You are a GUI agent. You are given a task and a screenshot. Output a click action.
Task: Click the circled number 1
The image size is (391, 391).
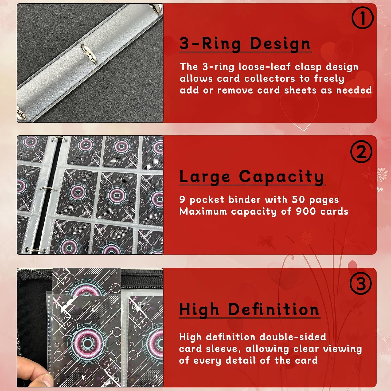click(362, 18)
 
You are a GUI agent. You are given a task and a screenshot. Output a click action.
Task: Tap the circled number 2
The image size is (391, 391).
click(361, 152)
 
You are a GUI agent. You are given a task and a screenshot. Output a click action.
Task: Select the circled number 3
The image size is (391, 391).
click(361, 283)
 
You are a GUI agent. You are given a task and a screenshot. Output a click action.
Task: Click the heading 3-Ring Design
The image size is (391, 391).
click(245, 44)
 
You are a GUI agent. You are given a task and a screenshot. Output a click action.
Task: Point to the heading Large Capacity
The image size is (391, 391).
click(252, 177)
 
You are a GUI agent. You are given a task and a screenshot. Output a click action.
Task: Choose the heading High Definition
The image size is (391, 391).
click(249, 309)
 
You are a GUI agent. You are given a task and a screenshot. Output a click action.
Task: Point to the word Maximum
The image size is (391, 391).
click(203, 211)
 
